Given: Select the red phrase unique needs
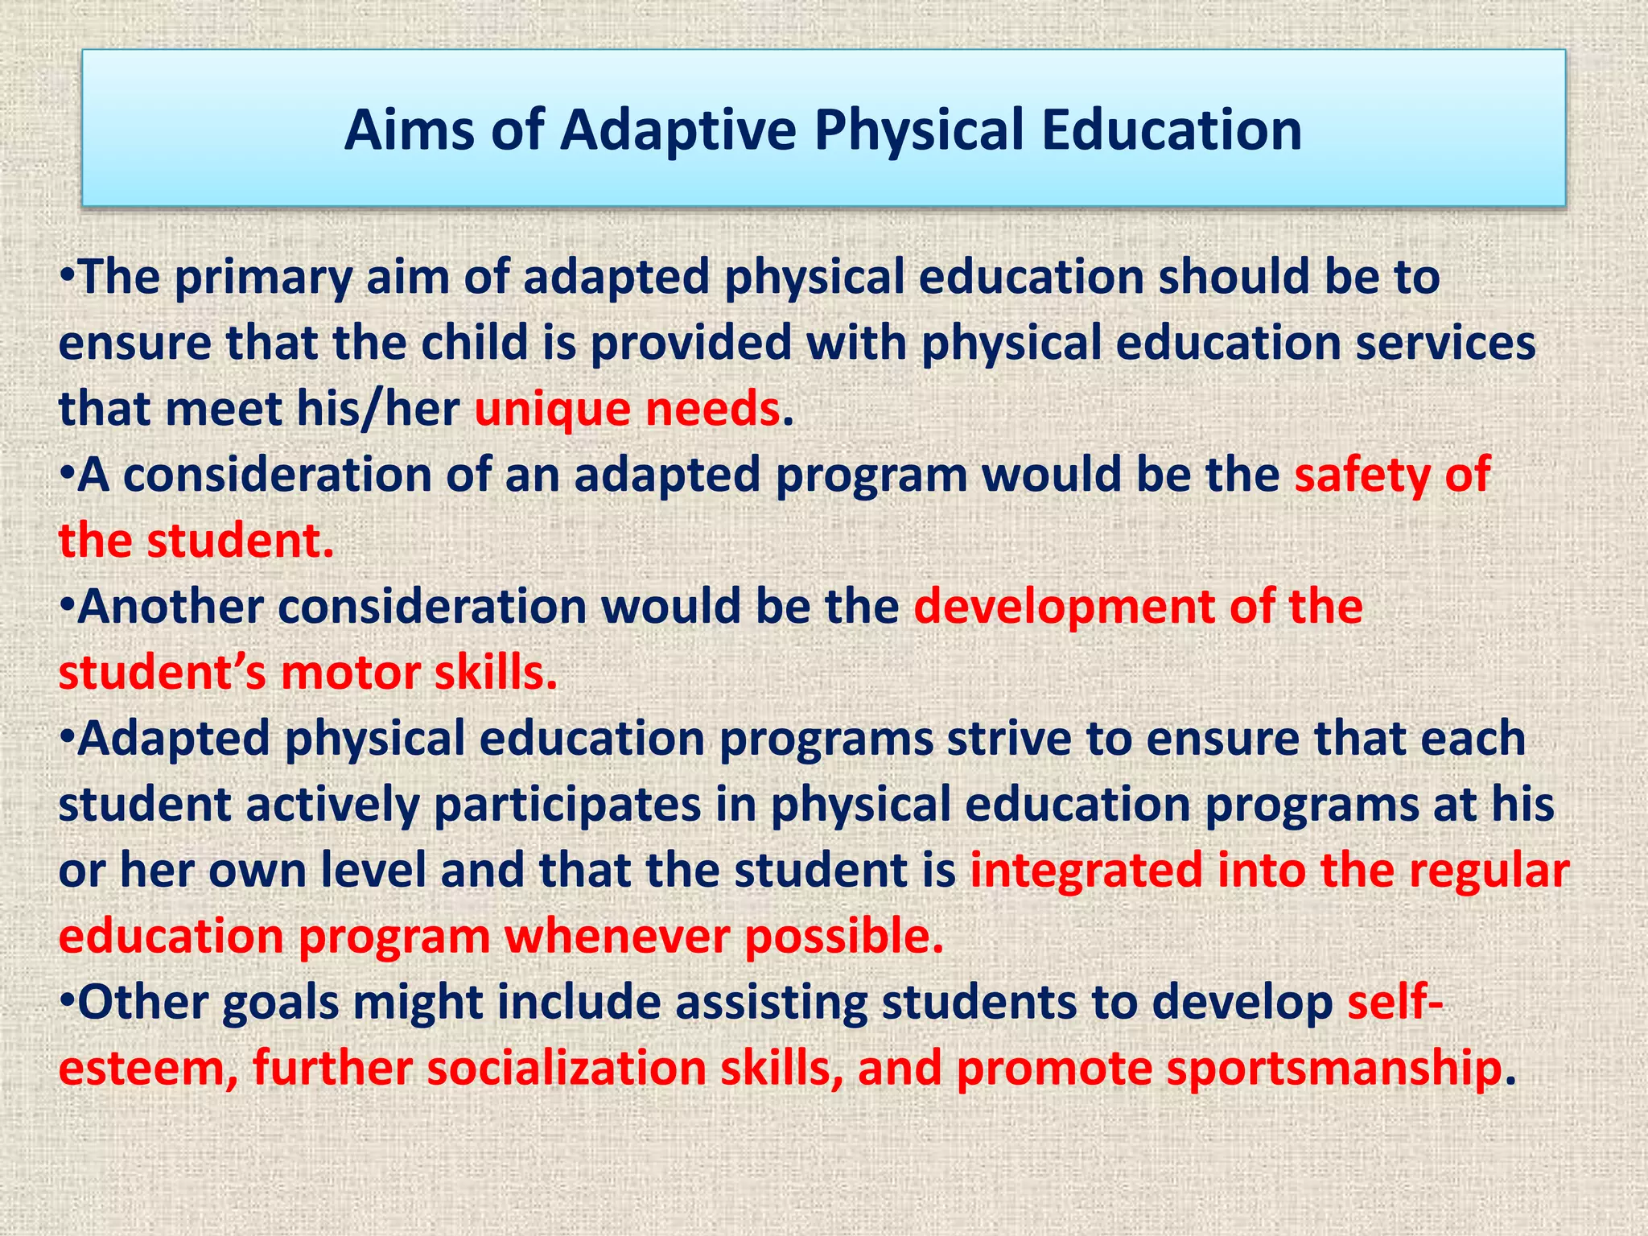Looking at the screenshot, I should pos(627,409).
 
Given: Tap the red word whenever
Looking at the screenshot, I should pos(616,937).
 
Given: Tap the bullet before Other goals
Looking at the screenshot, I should pos(67,1001).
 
